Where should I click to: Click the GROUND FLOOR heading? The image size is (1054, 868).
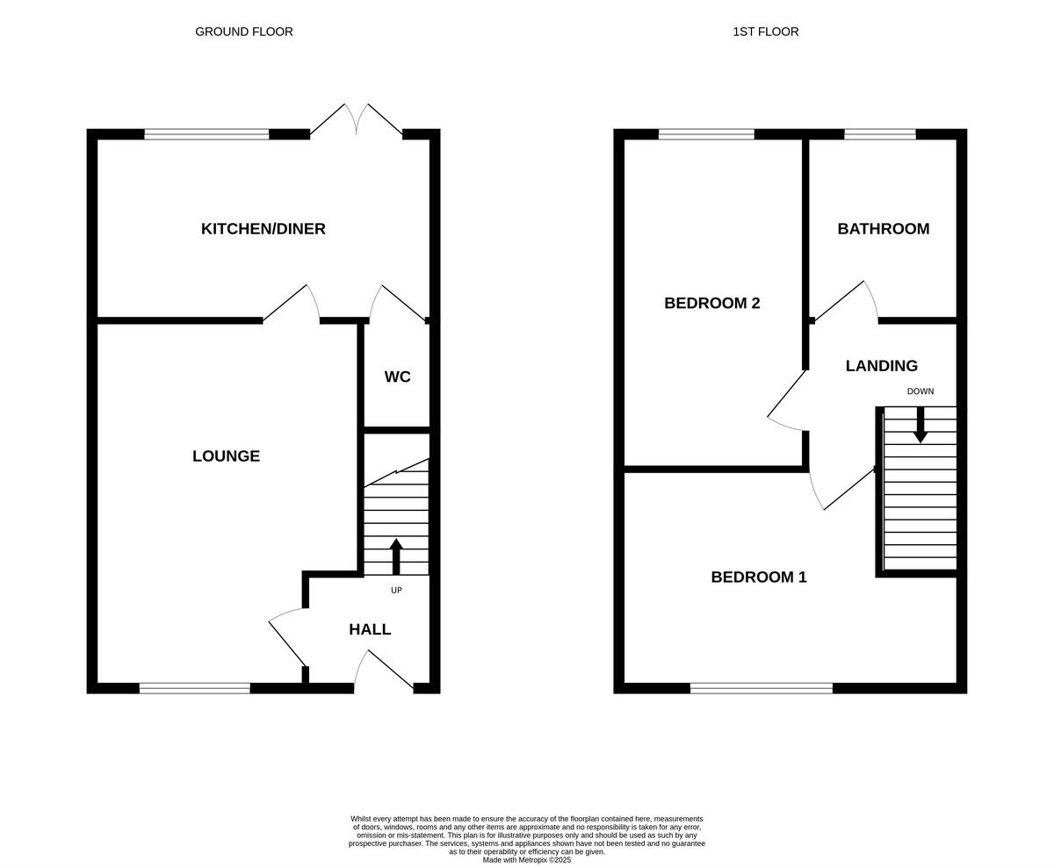[244, 32]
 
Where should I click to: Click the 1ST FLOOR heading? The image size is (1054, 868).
[765, 32]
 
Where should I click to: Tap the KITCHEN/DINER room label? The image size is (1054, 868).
[263, 229]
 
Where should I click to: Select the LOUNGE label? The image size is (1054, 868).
[226, 456]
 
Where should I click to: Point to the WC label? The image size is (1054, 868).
[397, 377]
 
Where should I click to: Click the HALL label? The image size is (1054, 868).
[370, 629]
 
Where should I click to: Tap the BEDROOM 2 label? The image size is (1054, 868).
[711, 303]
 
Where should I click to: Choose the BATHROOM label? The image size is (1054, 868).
[883, 229]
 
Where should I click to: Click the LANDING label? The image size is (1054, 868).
[881, 366]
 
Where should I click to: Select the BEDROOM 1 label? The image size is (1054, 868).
[758, 577]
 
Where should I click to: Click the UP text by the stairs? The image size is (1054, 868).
[396, 591]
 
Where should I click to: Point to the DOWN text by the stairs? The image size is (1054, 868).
[920, 391]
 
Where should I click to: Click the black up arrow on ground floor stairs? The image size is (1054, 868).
[396, 556]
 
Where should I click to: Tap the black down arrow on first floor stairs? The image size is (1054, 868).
[920, 426]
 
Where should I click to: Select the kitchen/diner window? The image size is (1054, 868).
[206, 134]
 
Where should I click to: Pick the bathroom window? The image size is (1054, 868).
[879, 134]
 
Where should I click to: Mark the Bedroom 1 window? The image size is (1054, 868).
[761, 688]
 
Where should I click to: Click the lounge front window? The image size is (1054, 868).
[194, 688]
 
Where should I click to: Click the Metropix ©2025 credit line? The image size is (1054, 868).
[526, 860]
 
